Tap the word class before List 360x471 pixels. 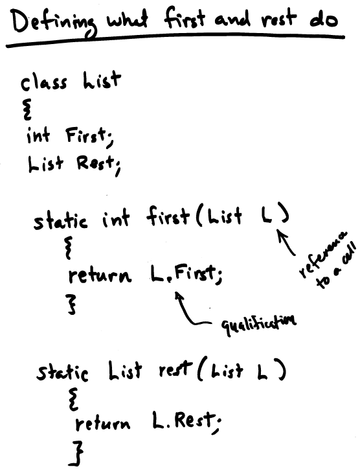click(x=43, y=83)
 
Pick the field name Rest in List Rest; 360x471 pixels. click(x=95, y=164)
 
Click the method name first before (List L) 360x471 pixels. click(x=168, y=215)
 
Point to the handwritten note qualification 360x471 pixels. click(x=258, y=324)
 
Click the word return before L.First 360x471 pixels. click(x=100, y=276)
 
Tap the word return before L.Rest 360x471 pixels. click(x=103, y=422)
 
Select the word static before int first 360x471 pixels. click(x=60, y=221)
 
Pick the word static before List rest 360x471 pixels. click(x=62, y=372)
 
